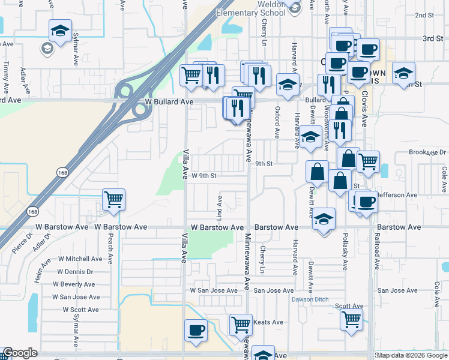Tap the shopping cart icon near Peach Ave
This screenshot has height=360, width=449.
pyautogui.click(x=113, y=200)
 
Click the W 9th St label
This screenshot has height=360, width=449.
pyautogui.click(x=203, y=176)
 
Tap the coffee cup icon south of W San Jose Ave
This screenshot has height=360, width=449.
pyautogui.click(x=196, y=330)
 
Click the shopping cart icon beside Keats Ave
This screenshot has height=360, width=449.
pyautogui.click(x=241, y=325)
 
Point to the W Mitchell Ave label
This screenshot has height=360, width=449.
pyautogui.click(x=80, y=259)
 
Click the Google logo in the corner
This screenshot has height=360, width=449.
pyautogui.click(x=20, y=353)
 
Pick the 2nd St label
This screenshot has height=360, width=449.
pyautogui.click(x=424, y=15)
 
